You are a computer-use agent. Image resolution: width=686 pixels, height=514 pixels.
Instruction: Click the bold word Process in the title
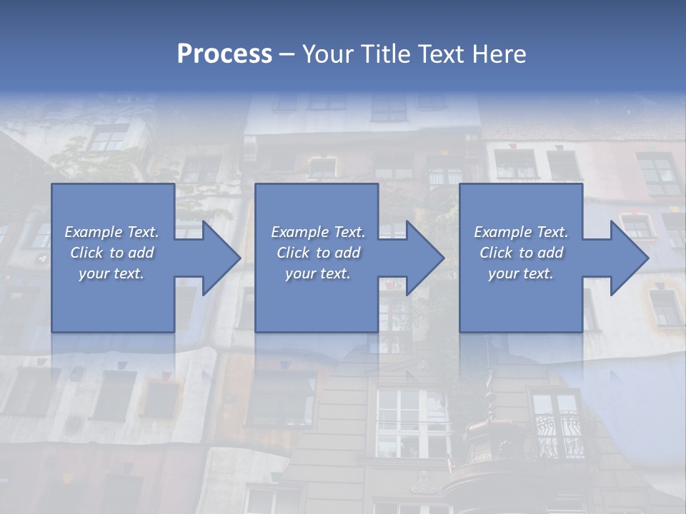point(224,54)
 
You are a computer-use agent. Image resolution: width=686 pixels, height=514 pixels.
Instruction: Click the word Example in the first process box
point(93,232)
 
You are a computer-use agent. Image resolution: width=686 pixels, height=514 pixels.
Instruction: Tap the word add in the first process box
point(141,253)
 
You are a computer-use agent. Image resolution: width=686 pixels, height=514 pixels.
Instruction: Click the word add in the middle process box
point(347,253)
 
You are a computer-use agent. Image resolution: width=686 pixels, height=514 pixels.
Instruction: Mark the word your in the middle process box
point(299,273)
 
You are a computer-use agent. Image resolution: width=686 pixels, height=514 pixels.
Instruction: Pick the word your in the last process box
point(502,273)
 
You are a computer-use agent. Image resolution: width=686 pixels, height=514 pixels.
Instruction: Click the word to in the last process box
point(527,253)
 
